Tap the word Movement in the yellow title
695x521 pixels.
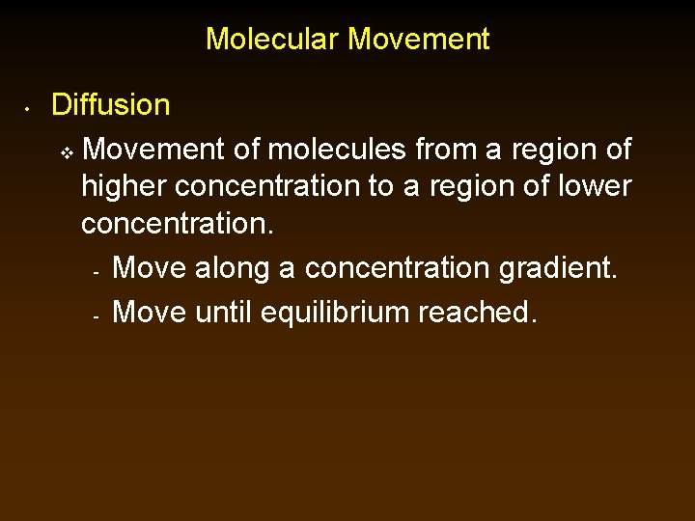[x=419, y=40]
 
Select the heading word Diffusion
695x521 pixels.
[x=111, y=104]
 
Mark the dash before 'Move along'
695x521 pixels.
[x=97, y=272]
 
